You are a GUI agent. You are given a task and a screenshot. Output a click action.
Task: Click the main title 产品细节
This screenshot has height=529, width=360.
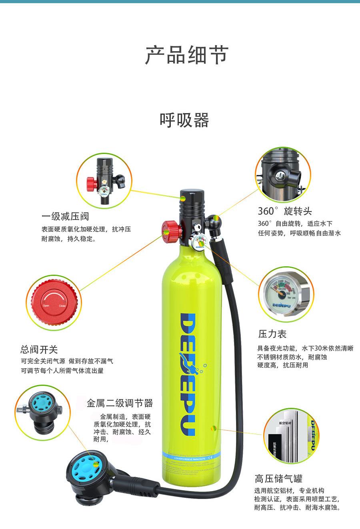tap(186, 55)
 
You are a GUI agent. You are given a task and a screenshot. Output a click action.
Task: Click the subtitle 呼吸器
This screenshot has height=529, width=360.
tap(184, 120)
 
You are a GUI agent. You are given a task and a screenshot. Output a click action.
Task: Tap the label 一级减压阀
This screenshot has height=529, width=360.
tap(65, 216)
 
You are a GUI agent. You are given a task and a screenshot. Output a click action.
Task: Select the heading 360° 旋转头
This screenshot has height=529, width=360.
tap(284, 211)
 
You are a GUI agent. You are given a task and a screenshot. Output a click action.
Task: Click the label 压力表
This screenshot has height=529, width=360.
tap(272, 334)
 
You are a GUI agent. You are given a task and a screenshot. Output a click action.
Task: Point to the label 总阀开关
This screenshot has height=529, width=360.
tap(39, 349)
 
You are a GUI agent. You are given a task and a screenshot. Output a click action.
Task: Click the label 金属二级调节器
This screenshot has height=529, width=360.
tap(120, 403)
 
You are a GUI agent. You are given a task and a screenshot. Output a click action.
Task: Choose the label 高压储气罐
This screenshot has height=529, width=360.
tap(278, 478)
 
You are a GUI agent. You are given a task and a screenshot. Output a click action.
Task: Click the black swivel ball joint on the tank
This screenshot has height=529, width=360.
tap(214, 221)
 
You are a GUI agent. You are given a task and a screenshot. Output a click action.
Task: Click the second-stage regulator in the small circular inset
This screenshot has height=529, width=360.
tap(39, 411)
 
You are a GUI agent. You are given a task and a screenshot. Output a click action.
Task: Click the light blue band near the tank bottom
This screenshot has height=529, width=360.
tap(188, 456)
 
